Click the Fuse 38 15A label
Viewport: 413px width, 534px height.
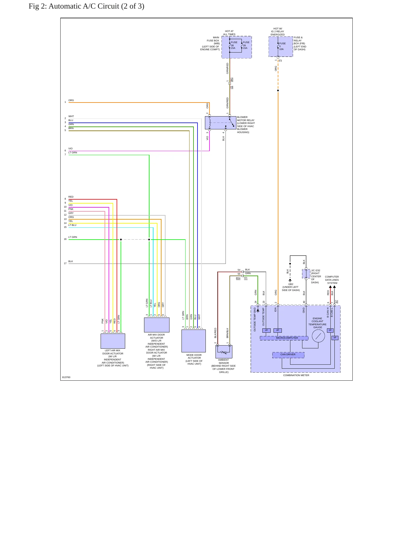point(234,45)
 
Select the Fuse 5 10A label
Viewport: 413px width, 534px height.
point(282,46)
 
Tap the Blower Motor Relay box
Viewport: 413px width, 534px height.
point(220,123)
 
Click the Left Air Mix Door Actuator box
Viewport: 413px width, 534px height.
point(113,341)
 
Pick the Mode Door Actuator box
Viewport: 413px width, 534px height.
point(193,341)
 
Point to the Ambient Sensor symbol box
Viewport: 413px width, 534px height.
point(224,352)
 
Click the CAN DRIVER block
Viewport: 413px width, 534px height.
point(288,355)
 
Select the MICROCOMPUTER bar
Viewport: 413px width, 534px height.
point(284,338)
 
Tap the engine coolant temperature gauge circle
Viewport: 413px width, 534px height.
point(318,336)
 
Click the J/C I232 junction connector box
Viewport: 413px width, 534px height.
point(306,274)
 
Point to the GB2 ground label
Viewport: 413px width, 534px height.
point(291,284)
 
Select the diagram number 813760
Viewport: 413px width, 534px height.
point(66,377)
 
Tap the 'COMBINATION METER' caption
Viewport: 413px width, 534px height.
point(296,375)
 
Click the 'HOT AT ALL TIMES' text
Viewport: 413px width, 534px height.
point(229,33)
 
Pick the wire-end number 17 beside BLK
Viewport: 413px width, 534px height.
point(65,263)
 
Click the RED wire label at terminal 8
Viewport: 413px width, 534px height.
point(71,197)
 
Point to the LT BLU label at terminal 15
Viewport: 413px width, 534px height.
point(72,225)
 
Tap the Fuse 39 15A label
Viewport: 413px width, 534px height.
point(246,45)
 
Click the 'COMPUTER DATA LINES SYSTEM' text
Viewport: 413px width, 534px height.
point(332,280)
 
